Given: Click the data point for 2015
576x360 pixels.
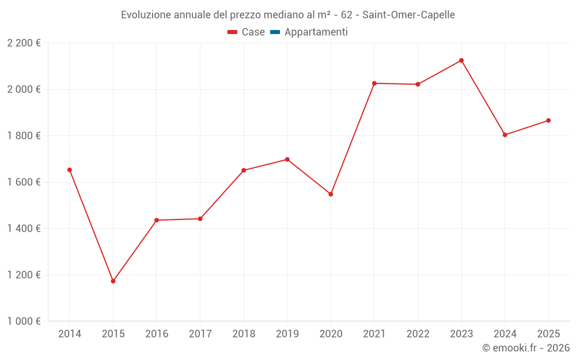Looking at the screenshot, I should point(113,281).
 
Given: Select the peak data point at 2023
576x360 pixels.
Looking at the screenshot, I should point(461,60).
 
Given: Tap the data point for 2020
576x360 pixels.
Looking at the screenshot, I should point(331,194).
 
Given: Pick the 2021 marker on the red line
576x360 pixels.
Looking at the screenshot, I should point(374,84).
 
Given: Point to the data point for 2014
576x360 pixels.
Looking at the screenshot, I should point(70,170).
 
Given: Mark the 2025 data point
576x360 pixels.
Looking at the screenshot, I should point(548,120).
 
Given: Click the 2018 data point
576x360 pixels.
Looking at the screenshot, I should point(244,170).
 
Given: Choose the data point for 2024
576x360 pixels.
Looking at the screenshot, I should point(505,135).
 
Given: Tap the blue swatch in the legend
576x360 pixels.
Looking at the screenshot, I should point(275,32).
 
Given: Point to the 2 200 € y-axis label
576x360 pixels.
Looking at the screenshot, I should point(24,43).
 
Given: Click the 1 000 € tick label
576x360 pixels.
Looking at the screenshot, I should point(24,321).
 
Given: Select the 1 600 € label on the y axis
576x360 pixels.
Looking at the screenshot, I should point(24,182).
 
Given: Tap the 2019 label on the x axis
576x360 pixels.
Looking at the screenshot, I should point(287,334).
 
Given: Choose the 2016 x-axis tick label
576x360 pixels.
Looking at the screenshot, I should point(157,334).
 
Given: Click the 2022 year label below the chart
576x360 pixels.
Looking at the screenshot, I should point(418,334).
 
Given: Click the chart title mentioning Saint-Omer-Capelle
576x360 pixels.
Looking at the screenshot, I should point(288,15).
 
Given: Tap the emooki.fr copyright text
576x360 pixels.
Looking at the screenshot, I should point(525,348).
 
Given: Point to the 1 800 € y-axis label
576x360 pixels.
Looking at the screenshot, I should point(24,136).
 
